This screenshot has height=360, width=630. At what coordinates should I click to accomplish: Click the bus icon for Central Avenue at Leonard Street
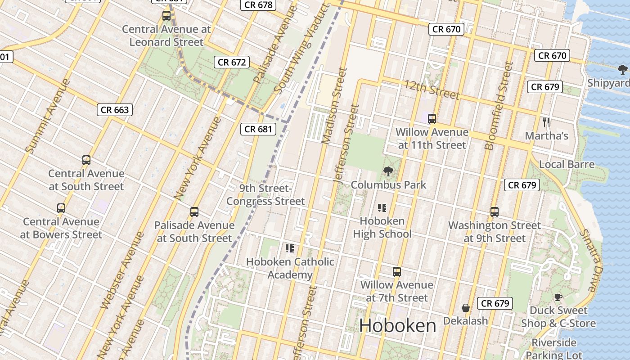pyautogui.click(x=166, y=16)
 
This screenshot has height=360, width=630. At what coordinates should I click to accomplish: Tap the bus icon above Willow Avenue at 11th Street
pyautogui.click(x=432, y=119)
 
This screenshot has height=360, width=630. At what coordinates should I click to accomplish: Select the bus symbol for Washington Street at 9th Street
pyautogui.click(x=495, y=212)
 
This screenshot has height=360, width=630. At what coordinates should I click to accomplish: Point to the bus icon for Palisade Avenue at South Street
pyautogui.click(x=194, y=212)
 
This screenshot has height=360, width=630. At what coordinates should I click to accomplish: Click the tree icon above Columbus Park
pyautogui.click(x=387, y=171)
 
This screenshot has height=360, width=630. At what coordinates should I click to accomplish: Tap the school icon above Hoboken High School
pyautogui.click(x=382, y=208)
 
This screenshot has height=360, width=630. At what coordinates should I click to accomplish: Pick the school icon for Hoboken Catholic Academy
pyautogui.click(x=290, y=248)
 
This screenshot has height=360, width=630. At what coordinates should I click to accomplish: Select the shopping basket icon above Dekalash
pyautogui.click(x=466, y=308)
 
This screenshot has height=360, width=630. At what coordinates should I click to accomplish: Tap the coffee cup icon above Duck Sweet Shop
pyautogui.click(x=558, y=297)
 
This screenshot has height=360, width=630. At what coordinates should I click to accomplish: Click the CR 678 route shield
pyautogui.click(x=258, y=5)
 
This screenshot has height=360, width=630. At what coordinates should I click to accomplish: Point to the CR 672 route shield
pyautogui.click(x=232, y=62)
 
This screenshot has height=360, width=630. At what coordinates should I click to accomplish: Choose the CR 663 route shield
pyautogui.click(x=115, y=110)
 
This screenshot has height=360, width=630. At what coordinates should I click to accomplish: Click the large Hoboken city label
pyautogui.click(x=398, y=326)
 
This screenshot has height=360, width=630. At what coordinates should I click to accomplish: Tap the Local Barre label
pyautogui.click(x=567, y=164)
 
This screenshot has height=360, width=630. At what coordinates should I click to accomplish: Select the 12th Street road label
pyautogui.click(x=432, y=90)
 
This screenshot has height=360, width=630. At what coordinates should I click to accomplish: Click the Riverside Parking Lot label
pyautogui.click(x=553, y=349)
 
